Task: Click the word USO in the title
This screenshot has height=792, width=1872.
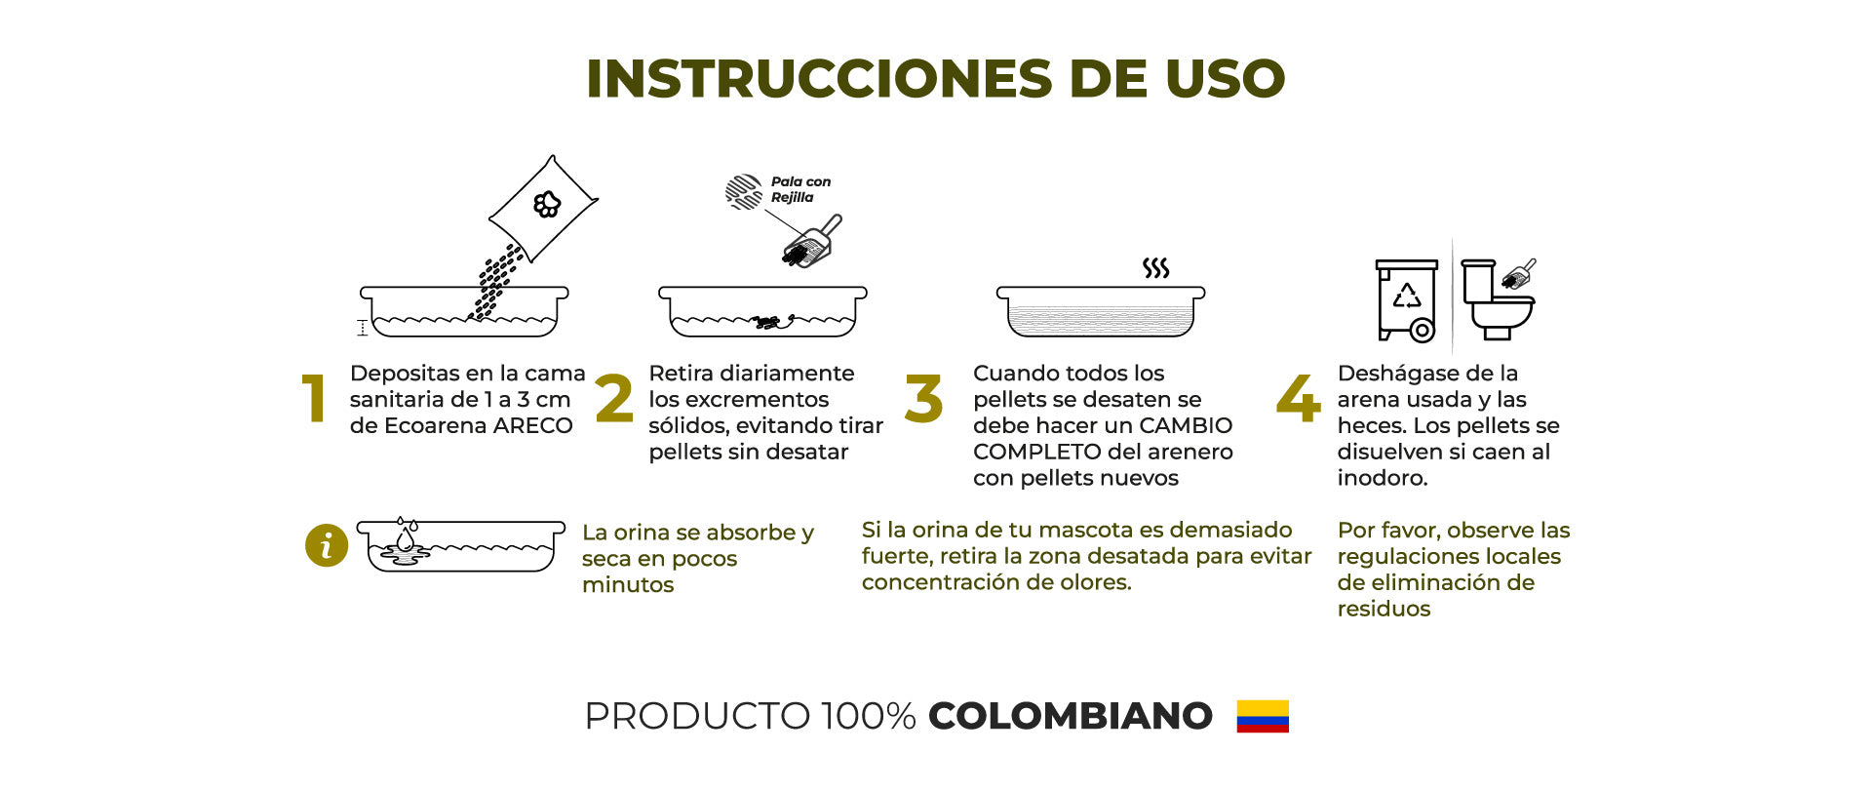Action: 1226,79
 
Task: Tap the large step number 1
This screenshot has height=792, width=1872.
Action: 313,399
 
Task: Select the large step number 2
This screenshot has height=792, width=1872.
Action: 614,399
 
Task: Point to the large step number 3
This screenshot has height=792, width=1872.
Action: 923,399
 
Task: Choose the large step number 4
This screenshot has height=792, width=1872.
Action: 1299,399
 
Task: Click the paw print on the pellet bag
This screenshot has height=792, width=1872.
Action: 547,204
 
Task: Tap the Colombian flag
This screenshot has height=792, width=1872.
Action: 1263,716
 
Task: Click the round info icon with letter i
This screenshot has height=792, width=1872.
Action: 327,545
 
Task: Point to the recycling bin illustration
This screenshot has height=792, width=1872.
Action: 1407,299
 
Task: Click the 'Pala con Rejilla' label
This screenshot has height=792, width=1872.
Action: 800,189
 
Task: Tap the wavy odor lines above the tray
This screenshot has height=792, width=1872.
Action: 1156,268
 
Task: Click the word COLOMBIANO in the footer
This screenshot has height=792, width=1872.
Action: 1071,716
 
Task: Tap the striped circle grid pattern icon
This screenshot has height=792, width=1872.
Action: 744,192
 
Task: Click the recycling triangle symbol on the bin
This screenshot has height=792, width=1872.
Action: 1406,296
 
